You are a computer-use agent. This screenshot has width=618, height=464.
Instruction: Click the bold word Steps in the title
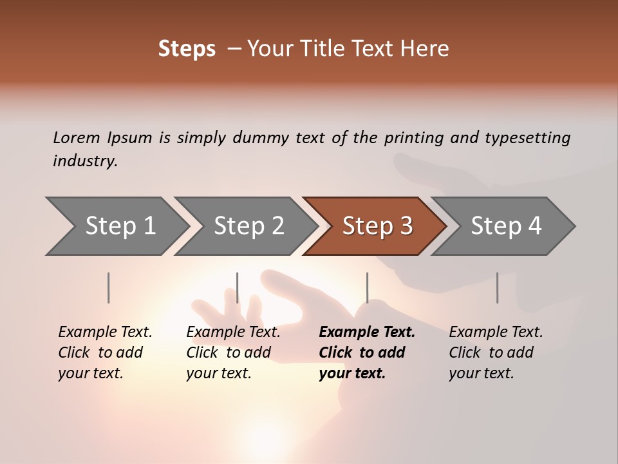click(187, 49)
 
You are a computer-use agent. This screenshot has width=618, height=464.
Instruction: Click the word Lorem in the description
click(76, 137)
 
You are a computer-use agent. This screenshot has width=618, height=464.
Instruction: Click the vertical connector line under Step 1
click(109, 287)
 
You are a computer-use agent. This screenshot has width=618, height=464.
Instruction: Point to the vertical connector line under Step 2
click(238, 287)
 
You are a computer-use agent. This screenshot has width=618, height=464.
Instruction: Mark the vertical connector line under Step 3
click(367, 287)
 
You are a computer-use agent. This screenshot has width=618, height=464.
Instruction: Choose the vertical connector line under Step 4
click(498, 287)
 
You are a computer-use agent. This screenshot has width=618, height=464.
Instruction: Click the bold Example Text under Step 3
click(367, 333)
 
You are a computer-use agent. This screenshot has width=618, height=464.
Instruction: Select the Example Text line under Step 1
click(105, 333)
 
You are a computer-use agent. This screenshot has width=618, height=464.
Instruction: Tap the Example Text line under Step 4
click(496, 333)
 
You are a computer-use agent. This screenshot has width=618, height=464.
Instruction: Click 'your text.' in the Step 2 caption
click(218, 373)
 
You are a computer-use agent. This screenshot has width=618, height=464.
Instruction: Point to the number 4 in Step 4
click(534, 226)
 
